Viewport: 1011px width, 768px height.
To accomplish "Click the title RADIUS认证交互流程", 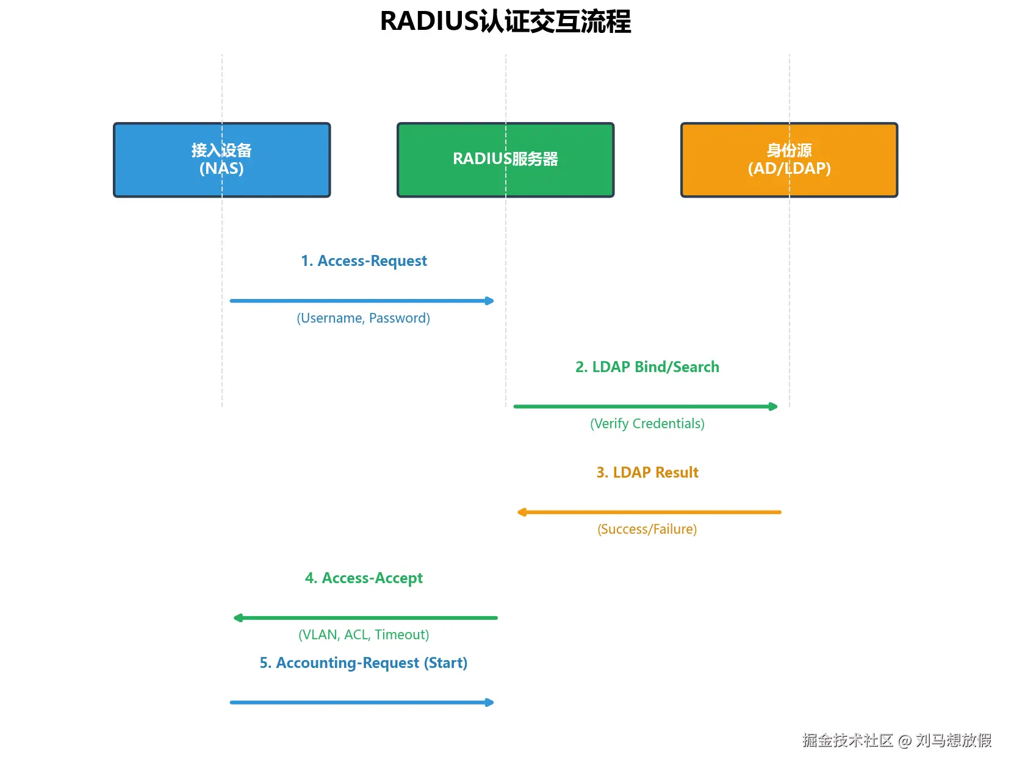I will click(x=505, y=22).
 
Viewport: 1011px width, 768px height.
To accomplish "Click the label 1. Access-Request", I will click(x=364, y=261).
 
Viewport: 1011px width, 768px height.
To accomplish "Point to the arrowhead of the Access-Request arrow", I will click(x=489, y=301).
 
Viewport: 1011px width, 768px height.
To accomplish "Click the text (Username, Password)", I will click(x=363, y=318).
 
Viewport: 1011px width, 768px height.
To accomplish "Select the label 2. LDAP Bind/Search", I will click(x=647, y=367).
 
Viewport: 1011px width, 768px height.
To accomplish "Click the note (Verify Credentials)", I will click(x=647, y=423).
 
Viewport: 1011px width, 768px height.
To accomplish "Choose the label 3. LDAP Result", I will click(x=647, y=472).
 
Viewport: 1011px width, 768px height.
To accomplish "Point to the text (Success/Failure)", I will click(x=647, y=529).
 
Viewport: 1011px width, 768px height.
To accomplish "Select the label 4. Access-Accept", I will click(x=364, y=578).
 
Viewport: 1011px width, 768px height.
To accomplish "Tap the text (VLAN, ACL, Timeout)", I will click(x=364, y=634).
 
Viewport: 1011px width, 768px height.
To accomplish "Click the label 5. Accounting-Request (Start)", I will click(x=364, y=662).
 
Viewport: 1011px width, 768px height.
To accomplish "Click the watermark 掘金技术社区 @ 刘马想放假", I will click(x=896, y=740).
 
